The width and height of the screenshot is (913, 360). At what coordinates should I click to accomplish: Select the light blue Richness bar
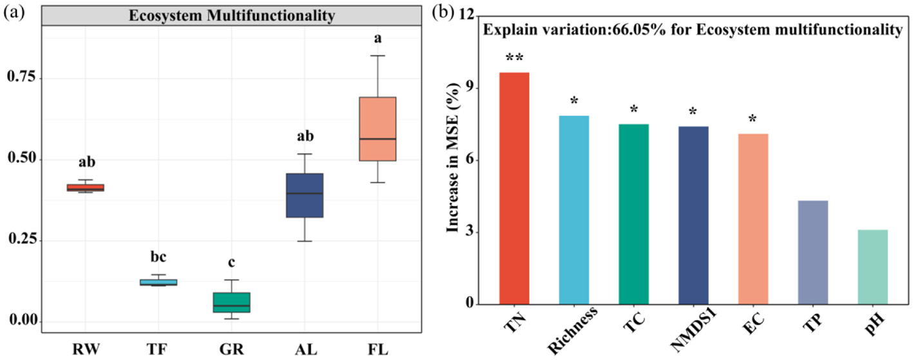click(x=573, y=210)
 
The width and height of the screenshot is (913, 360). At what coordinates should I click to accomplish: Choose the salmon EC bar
click(x=753, y=219)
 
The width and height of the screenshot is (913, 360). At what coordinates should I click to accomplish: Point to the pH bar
click(x=872, y=267)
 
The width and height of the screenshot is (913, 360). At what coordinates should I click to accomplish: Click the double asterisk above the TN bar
click(x=514, y=58)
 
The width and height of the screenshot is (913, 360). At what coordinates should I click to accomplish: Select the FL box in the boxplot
click(x=378, y=129)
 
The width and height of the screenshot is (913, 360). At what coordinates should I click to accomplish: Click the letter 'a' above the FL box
click(x=378, y=39)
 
